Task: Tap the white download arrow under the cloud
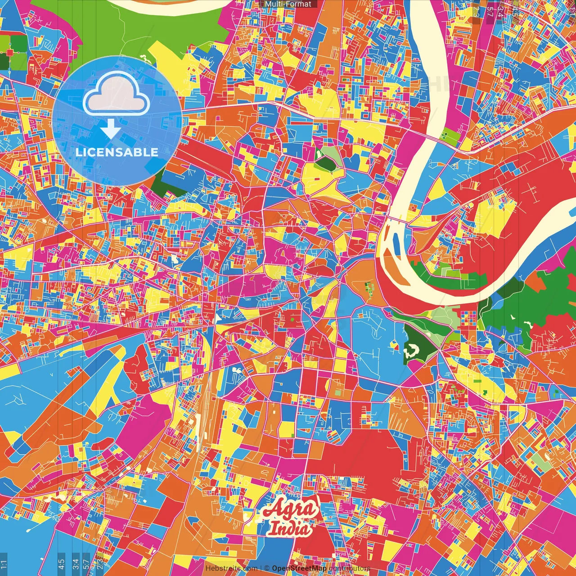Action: [111, 129]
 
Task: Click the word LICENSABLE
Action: [117, 152]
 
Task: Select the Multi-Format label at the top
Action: [288, 4]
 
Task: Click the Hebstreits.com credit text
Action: [231, 568]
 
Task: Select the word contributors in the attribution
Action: [350, 568]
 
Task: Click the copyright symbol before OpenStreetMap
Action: [267, 568]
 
